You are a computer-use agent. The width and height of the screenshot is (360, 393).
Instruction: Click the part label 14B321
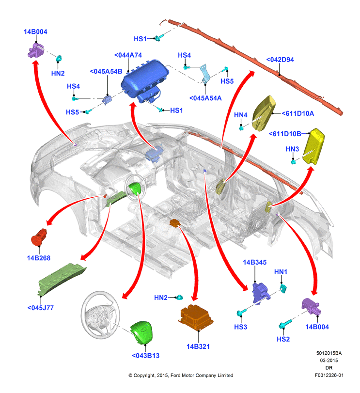tap(198, 346)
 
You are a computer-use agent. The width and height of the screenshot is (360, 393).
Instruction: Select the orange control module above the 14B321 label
tap(196, 317)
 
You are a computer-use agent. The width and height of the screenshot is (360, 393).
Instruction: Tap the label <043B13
tap(145, 355)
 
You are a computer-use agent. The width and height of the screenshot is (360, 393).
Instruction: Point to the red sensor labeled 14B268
tap(39, 237)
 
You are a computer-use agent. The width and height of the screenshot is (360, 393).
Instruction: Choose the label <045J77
tap(41, 308)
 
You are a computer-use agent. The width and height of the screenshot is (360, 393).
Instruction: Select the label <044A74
tap(128, 55)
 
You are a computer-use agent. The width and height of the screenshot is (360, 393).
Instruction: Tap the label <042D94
tap(280, 60)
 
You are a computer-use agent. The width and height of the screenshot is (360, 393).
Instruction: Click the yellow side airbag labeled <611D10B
tap(313, 146)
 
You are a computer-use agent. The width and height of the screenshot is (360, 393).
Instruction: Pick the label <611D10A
tap(297, 113)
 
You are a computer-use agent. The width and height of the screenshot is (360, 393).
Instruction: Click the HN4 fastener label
tap(240, 115)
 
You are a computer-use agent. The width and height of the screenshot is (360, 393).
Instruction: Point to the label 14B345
tap(254, 262)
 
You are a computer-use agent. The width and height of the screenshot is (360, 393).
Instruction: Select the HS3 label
tap(240, 327)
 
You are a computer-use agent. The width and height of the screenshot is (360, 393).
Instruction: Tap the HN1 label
tap(281, 272)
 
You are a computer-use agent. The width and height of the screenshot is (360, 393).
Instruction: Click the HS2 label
tap(283, 339)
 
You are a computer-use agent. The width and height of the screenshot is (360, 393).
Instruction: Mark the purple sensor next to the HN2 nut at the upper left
tap(35, 50)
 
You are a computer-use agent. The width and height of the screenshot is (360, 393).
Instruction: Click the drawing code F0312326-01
tap(329, 375)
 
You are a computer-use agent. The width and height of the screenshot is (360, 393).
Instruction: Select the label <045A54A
tap(205, 98)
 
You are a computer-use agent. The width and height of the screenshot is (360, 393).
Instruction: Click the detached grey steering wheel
tap(101, 315)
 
